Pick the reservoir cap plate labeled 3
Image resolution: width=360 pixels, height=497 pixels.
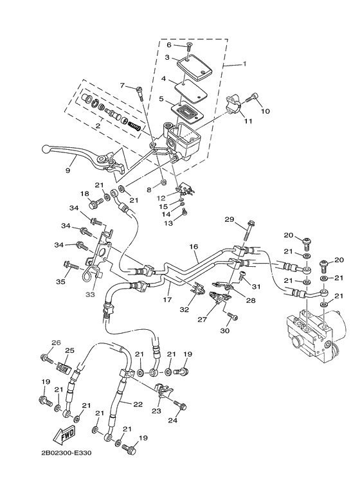[191, 64]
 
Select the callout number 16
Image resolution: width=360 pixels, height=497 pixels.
[194, 247]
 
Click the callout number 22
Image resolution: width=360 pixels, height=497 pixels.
[137, 404]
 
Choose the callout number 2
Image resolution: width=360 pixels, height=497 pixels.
[97, 127]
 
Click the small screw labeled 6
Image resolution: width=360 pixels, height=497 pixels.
[189, 46]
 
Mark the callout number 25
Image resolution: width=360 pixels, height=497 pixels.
[69, 350]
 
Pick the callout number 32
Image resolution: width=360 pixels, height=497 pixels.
[184, 310]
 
